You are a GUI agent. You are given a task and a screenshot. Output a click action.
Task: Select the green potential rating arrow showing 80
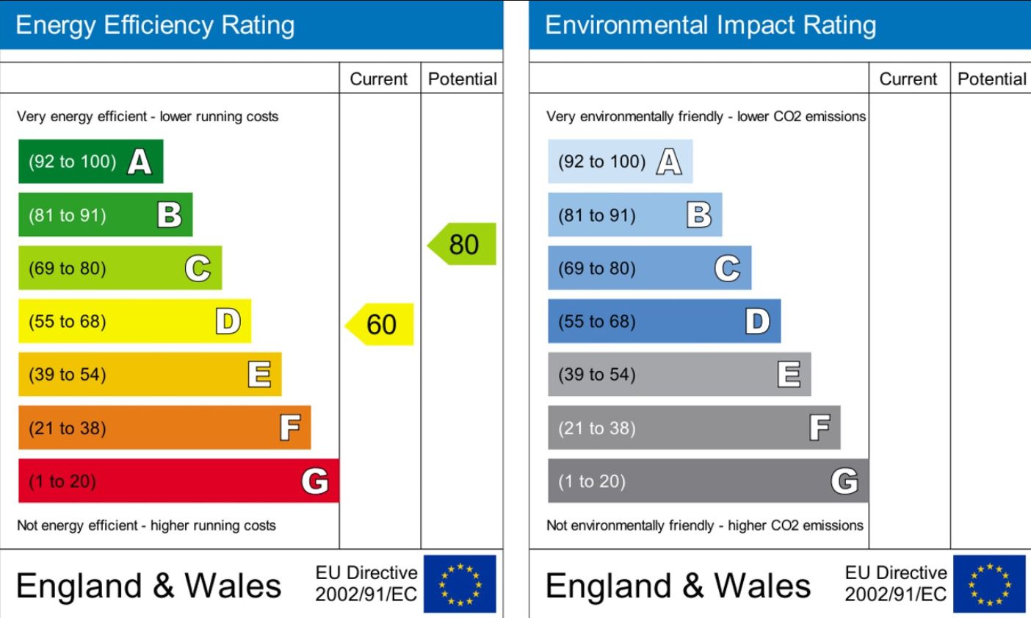(463, 244)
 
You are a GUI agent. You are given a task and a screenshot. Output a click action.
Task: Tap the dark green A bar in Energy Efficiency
(90, 162)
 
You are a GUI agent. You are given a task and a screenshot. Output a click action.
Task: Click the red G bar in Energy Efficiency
(178, 481)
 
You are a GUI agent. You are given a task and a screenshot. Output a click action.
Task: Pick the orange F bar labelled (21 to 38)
(164, 428)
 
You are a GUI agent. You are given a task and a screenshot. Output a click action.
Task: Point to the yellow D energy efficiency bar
(134, 321)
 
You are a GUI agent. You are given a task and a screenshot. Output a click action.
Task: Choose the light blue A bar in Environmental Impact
(620, 162)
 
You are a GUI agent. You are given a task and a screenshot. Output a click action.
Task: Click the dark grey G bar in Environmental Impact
(708, 481)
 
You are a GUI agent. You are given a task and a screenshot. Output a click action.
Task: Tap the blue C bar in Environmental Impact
(649, 268)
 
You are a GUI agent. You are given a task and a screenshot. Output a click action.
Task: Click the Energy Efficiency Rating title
(155, 25)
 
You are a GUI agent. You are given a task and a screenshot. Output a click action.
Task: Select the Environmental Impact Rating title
(710, 25)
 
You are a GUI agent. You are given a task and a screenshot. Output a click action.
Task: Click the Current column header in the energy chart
(378, 79)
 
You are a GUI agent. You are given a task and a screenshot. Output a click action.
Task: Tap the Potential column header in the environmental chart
(992, 79)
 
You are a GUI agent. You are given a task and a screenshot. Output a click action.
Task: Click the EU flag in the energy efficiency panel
(460, 583)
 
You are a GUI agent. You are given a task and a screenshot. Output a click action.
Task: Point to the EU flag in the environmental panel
(989, 583)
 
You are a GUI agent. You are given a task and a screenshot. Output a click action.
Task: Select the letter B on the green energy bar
(169, 215)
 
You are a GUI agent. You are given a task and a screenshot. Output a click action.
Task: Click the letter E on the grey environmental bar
(789, 375)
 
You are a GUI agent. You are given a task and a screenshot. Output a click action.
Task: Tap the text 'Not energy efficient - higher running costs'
(146, 525)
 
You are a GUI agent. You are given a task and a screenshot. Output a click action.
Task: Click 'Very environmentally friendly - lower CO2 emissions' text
(706, 116)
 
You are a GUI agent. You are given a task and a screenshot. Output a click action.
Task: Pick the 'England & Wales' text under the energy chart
(148, 586)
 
